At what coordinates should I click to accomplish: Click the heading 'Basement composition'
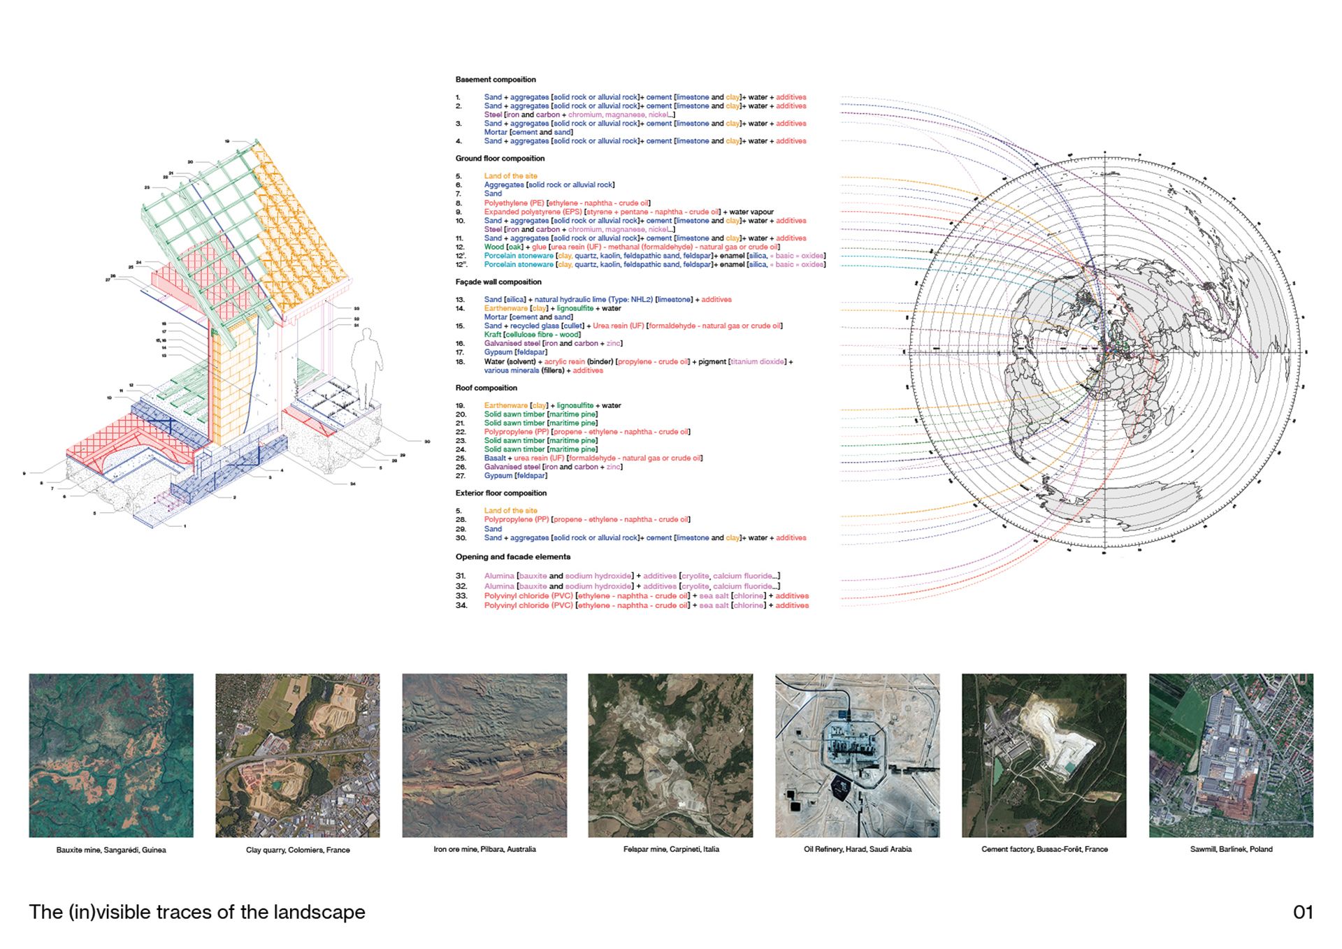tap(496, 80)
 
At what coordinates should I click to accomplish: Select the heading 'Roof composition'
tap(486, 388)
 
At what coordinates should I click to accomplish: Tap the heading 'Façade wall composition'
tap(498, 282)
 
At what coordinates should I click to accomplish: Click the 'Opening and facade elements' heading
tap(513, 557)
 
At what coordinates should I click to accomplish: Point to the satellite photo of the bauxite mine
tap(111, 755)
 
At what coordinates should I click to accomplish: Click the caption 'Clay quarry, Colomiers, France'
tap(298, 850)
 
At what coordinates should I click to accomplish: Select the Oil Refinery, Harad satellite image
tap(858, 755)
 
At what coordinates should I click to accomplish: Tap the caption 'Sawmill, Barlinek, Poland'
tap(1231, 849)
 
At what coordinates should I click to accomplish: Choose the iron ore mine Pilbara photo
tap(484, 755)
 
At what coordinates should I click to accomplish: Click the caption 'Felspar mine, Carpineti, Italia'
tap(671, 849)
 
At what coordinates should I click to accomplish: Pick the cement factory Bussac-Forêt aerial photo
tap(1044, 755)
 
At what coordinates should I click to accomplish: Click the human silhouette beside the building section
tap(366, 367)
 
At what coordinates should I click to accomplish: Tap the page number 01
tap(1303, 912)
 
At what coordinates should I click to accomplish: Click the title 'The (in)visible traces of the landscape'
tap(197, 912)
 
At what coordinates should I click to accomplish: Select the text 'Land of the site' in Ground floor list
tap(511, 176)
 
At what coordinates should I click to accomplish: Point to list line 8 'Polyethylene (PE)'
tap(567, 203)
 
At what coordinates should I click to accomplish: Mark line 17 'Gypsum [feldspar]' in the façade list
tap(516, 352)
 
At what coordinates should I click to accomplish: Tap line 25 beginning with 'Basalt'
tap(593, 458)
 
